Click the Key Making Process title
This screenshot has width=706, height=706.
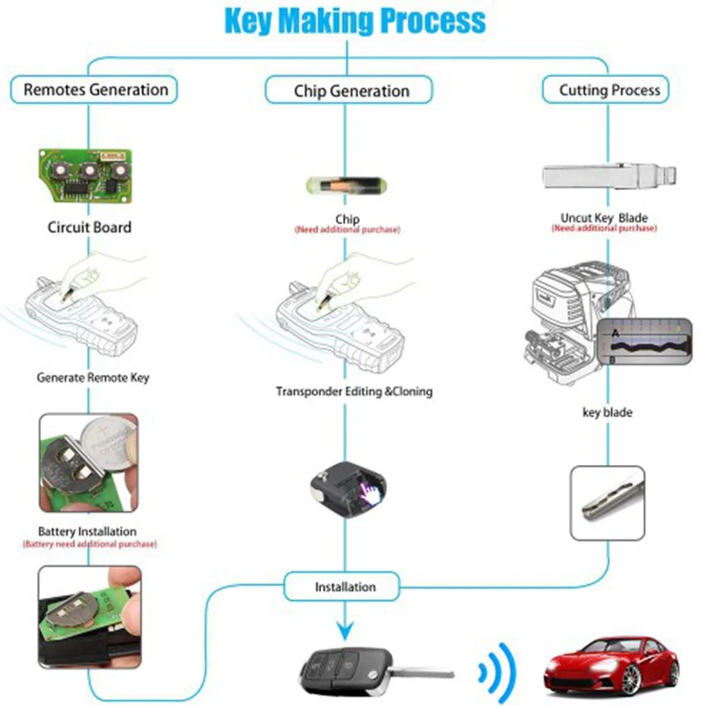click(x=354, y=20)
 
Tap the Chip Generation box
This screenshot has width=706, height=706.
click(x=350, y=91)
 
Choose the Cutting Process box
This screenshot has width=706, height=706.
click(x=610, y=89)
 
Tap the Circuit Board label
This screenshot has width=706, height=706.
click(x=89, y=227)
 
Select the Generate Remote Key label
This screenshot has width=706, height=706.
click(x=93, y=377)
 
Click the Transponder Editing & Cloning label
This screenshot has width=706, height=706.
click(x=354, y=391)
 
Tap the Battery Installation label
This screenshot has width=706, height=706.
click(x=87, y=531)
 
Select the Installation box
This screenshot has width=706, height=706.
click(x=345, y=587)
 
